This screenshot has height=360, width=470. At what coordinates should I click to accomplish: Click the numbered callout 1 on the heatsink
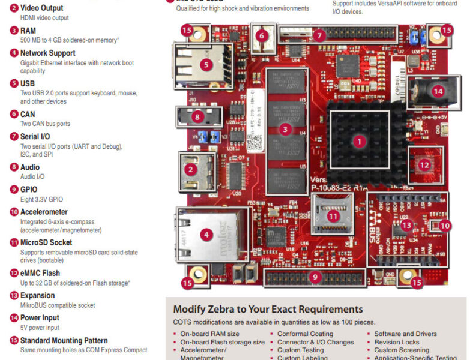coord(359,142)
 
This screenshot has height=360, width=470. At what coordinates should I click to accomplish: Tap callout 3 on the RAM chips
coord(286,129)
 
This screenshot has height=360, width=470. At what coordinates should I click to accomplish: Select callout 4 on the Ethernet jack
coord(206,235)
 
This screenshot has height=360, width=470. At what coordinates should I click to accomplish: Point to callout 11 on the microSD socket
coord(331,216)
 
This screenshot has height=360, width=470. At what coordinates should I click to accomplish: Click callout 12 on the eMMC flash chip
coord(424,164)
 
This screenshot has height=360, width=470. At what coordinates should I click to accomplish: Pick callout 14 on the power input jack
coord(438,91)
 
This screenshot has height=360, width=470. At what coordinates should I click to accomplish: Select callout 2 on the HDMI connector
coord(191,170)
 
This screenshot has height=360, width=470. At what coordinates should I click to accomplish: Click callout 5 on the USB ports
coord(206,65)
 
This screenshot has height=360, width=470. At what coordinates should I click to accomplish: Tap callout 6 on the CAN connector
coord(261,35)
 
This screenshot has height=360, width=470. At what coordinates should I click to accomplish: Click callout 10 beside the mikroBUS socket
coord(444,225)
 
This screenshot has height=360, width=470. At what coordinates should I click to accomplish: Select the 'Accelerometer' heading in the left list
coord(44,212)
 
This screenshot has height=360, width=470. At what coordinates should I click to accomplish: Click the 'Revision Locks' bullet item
coord(396,342)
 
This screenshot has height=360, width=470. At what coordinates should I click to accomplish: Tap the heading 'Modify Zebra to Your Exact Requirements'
coord(268,309)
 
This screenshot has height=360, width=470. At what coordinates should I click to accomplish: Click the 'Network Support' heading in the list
coord(47,53)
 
